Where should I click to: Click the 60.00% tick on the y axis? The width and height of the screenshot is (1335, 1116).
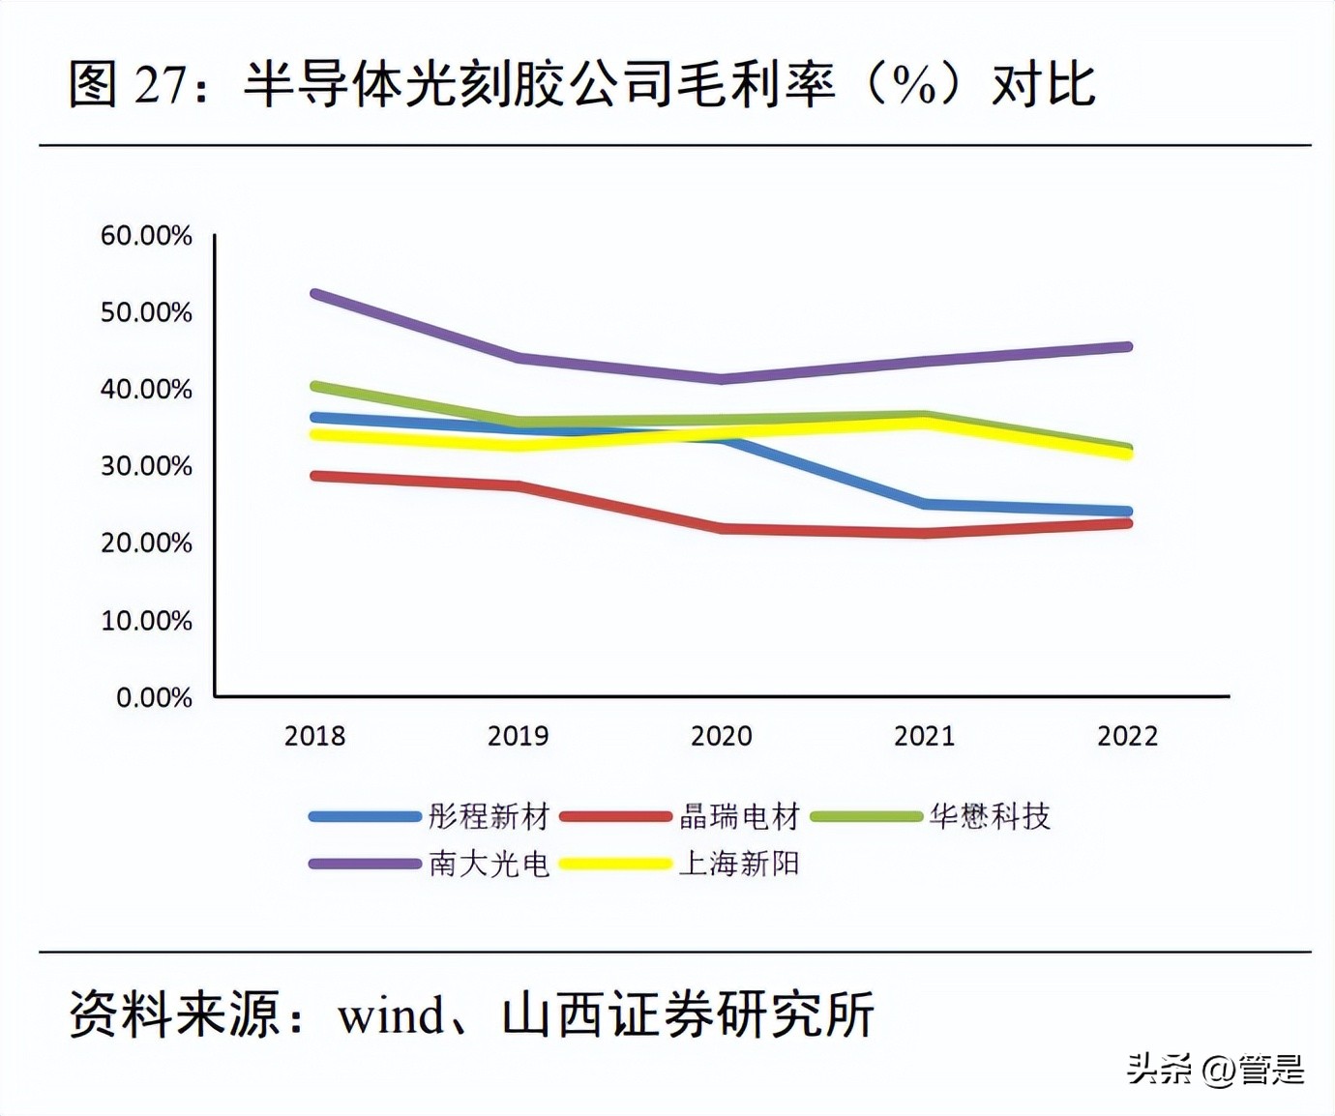click(x=146, y=235)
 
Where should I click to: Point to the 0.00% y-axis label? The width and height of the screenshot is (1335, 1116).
click(x=154, y=697)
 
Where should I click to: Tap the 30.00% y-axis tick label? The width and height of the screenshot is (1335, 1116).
click(x=146, y=466)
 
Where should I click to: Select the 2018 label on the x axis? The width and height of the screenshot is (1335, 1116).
click(x=314, y=736)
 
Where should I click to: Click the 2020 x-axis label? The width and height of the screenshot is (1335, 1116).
click(x=721, y=736)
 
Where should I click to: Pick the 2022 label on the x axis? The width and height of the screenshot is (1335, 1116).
click(x=1127, y=736)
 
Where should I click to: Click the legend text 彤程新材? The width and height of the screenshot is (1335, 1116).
click(x=489, y=816)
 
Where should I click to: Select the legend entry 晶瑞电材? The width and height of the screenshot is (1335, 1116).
click(x=739, y=816)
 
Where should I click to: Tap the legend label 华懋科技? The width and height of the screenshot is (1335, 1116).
click(x=990, y=816)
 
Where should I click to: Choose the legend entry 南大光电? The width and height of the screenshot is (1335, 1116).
click(x=489, y=863)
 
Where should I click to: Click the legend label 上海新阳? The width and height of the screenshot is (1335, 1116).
click(x=739, y=863)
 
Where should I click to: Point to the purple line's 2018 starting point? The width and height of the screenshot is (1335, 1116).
click(x=315, y=293)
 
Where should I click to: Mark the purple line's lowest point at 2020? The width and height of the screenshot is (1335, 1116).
click(x=722, y=378)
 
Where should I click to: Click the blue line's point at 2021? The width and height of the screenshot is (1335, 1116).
click(x=925, y=504)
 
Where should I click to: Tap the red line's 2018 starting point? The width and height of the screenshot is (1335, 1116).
click(x=315, y=476)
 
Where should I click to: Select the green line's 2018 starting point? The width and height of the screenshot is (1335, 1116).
click(x=315, y=386)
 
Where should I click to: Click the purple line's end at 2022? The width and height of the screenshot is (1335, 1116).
click(x=1127, y=346)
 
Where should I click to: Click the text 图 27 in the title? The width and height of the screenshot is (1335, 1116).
click(x=129, y=84)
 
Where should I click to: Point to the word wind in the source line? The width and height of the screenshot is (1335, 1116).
click(x=391, y=1015)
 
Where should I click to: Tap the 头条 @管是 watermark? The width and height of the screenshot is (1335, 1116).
click(x=1215, y=1069)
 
